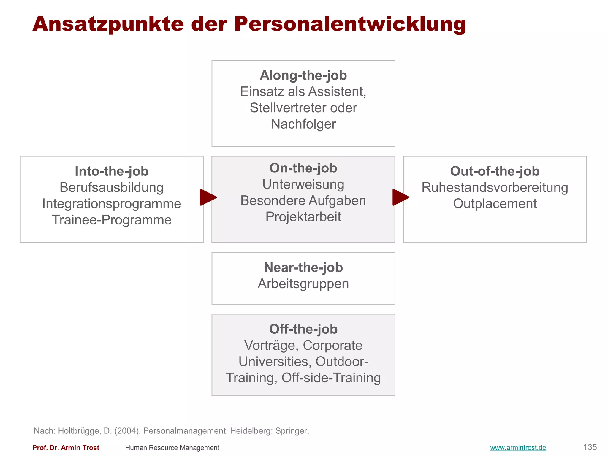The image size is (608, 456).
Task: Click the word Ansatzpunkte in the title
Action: (x=108, y=24)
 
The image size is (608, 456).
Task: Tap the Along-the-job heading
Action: (x=303, y=75)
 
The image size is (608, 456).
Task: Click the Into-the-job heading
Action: (x=112, y=171)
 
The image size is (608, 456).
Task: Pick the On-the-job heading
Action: (x=303, y=168)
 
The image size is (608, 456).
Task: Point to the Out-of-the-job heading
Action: (x=495, y=171)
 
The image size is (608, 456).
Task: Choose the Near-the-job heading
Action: (x=303, y=267)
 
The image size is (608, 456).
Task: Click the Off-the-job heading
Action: (x=303, y=329)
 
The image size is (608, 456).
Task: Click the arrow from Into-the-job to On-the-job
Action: (x=208, y=197)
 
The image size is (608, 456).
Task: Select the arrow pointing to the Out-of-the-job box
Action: (x=400, y=197)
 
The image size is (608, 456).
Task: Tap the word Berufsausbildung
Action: (x=112, y=188)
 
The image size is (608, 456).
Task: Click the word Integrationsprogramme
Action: (x=112, y=204)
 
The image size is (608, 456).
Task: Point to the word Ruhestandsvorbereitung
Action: (x=495, y=188)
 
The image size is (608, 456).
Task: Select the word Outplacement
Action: (x=495, y=204)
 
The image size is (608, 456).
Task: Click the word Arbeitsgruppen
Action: (x=303, y=284)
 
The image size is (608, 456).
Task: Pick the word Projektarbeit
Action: (x=303, y=217)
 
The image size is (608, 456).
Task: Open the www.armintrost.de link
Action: (x=518, y=448)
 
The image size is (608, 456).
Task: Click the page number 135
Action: (x=590, y=447)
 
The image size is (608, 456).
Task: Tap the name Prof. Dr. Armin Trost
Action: (x=66, y=448)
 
